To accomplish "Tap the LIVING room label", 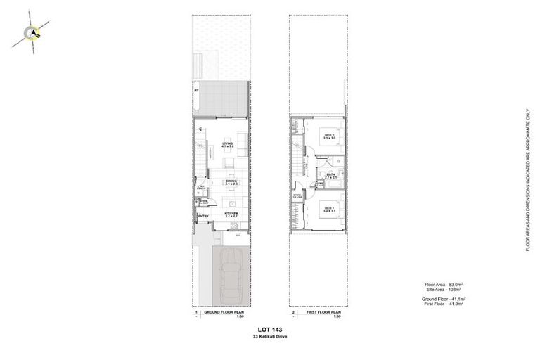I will coord(227,146).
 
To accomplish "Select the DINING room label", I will coord(231,182).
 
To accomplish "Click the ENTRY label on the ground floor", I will coord(203,216).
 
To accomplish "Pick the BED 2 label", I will coord(328,136).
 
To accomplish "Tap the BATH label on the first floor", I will coord(330,176).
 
